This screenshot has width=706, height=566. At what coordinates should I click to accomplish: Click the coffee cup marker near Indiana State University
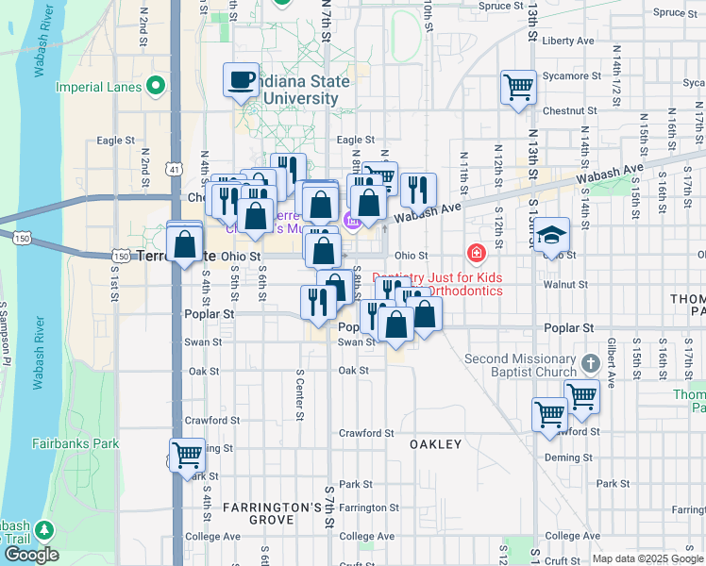(x=241, y=79)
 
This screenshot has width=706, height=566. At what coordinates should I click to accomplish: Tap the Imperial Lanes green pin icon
(x=158, y=88)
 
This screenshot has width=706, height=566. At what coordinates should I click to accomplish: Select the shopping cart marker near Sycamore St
(x=518, y=88)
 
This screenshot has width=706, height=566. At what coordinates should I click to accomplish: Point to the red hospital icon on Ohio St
(x=476, y=254)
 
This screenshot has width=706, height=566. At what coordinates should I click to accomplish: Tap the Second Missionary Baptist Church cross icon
(x=590, y=363)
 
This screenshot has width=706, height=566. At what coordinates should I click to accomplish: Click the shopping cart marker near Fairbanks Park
(x=188, y=455)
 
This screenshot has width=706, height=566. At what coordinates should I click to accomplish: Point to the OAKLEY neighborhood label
(x=435, y=443)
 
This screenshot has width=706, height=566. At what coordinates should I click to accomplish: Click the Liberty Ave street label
(x=568, y=41)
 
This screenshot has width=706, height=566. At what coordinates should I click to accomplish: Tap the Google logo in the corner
(x=30, y=555)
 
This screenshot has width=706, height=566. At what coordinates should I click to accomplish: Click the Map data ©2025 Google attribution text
(x=647, y=558)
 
